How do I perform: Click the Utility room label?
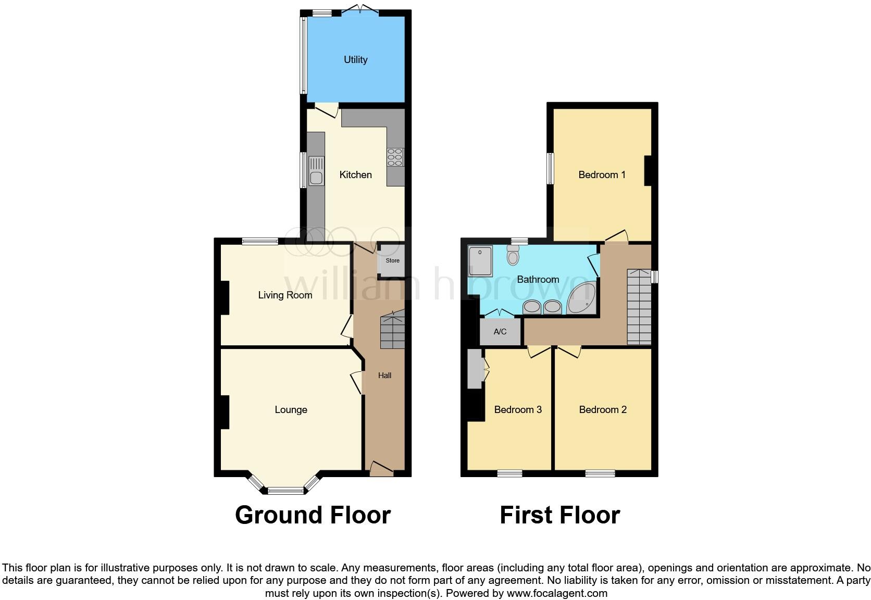tap(355, 59)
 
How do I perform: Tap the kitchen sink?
tap(316, 171)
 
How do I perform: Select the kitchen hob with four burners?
tap(395, 157)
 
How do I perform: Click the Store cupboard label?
tap(392, 260)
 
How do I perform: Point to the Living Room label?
tap(285, 295)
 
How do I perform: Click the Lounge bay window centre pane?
tap(285, 490)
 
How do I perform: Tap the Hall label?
tap(384, 376)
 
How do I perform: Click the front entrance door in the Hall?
tap(381, 468)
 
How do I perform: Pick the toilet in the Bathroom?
tap(513, 256)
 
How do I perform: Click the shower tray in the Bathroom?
tap(480, 261)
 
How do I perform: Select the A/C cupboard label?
tap(500, 332)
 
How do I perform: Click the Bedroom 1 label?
tap(602, 175)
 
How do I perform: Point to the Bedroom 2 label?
tap(603, 410)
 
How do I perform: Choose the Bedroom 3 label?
tap(518, 410)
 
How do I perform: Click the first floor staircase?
tap(639, 307)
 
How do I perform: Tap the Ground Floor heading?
tap(313, 515)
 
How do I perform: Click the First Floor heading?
tap(559, 515)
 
